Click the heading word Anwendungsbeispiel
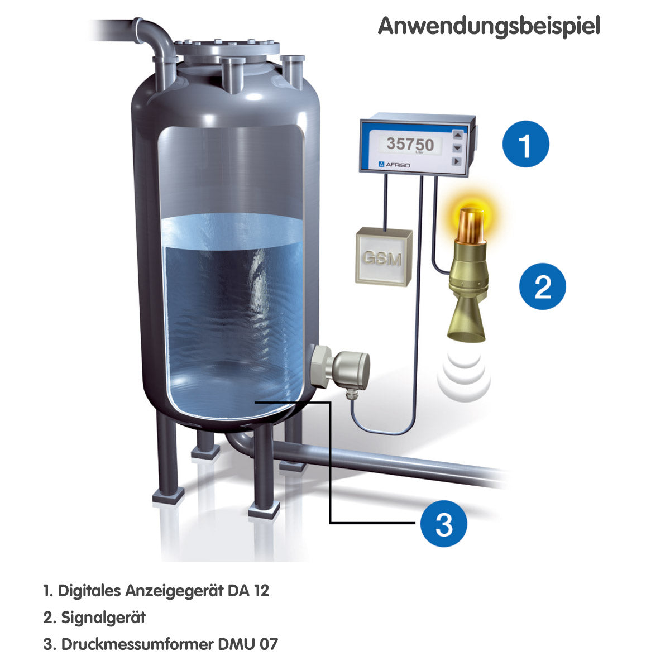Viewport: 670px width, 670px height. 489,26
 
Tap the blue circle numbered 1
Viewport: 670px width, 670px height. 525,144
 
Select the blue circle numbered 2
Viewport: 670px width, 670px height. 542,286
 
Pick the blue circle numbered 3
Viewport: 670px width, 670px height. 443,524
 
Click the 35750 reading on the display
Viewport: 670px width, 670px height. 410,143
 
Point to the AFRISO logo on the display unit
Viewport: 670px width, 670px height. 394,165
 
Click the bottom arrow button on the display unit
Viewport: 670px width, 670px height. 457,161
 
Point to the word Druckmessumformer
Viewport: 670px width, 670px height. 137,644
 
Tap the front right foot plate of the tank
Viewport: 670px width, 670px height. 264,509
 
